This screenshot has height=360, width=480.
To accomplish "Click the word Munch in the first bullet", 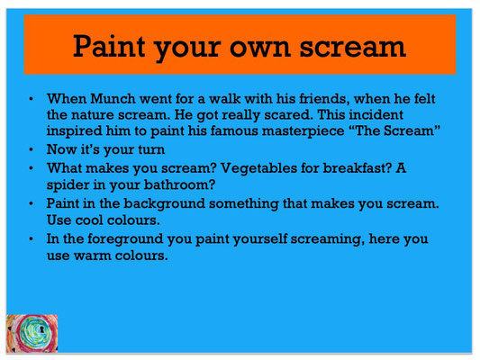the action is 113,99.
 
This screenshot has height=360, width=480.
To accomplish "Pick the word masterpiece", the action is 303,131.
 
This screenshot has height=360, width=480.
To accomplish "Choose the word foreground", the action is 125,239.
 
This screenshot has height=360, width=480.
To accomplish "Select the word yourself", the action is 260,239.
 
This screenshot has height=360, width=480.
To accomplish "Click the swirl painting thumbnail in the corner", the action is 32,333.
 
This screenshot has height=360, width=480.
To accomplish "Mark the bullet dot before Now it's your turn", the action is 31,149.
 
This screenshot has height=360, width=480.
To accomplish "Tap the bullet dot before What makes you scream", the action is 31,168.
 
